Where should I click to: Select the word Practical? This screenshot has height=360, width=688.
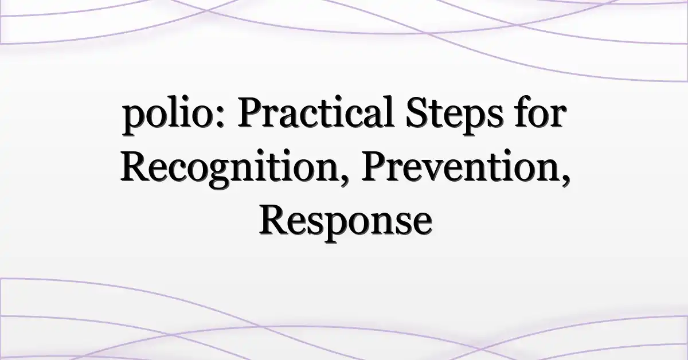315,112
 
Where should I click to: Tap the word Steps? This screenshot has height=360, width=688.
455,115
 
